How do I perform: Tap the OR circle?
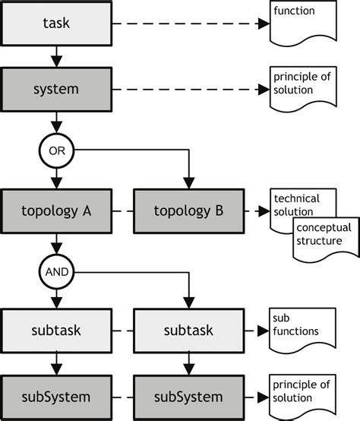(57, 150)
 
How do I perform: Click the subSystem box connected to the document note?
(188, 396)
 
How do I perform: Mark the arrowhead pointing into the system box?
(57, 63)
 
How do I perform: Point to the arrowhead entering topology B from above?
(188, 185)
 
